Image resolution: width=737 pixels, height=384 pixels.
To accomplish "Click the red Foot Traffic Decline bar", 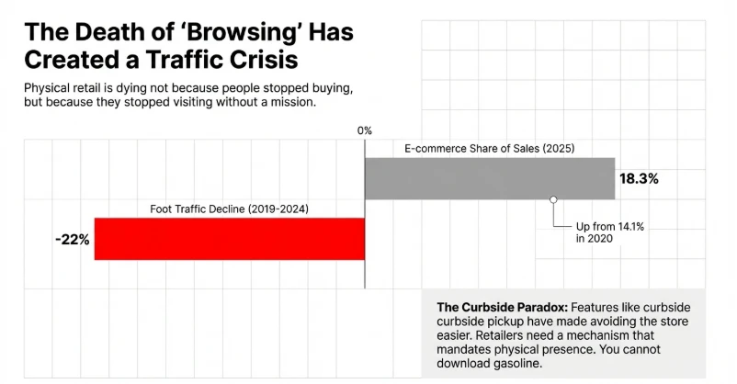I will (x=229, y=239).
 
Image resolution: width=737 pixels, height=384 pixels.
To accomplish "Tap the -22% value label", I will (x=73, y=240).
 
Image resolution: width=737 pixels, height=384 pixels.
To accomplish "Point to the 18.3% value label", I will (x=639, y=179).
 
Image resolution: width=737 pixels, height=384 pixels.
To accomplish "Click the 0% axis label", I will (x=365, y=130).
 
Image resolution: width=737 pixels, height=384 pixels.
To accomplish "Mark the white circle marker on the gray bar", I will (x=553, y=199).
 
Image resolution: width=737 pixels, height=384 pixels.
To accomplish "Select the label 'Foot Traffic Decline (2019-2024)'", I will (x=229, y=209).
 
